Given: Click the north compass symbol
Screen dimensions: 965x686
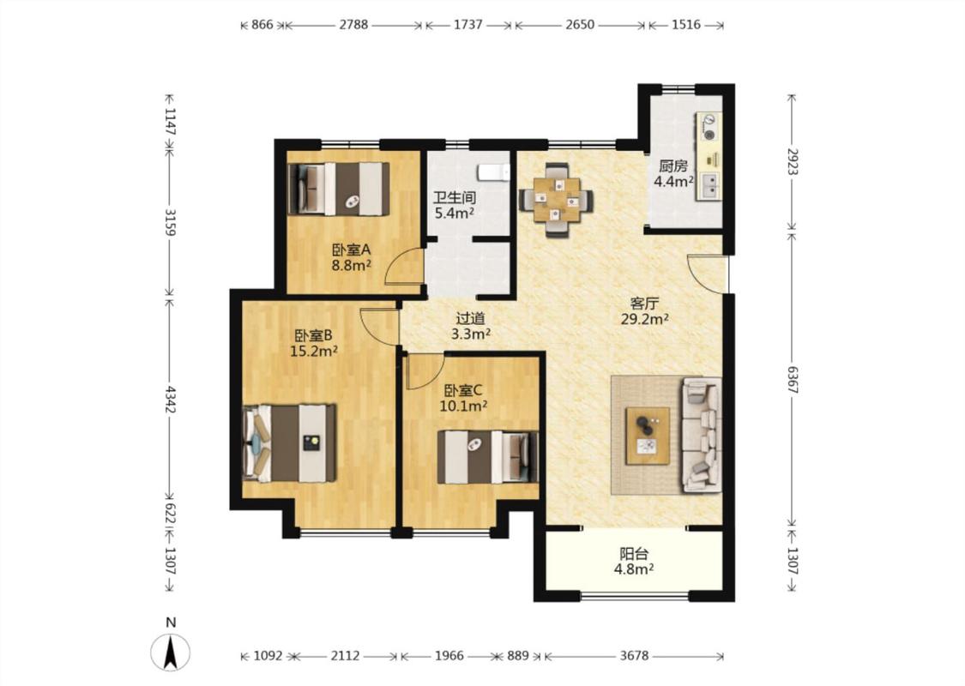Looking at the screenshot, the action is (x=171, y=651).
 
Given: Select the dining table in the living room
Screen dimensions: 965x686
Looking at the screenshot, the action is (x=557, y=199).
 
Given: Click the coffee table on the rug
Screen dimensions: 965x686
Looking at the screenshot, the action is (x=648, y=436).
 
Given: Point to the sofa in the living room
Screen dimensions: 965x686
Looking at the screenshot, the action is (x=700, y=435).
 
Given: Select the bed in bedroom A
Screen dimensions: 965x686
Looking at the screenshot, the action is (x=339, y=189).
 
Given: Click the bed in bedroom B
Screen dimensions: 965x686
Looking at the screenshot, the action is (x=289, y=442).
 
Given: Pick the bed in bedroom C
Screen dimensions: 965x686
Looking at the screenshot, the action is (x=488, y=457).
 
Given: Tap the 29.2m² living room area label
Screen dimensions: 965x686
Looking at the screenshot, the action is (x=645, y=319).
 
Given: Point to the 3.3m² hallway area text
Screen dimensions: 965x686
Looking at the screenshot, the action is (x=471, y=334).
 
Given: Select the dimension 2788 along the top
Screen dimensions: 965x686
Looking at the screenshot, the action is (x=353, y=25).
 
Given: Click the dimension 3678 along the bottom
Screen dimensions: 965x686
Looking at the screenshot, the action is (x=634, y=656).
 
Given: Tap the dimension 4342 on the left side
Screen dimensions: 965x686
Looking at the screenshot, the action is (x=171, y=400).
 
